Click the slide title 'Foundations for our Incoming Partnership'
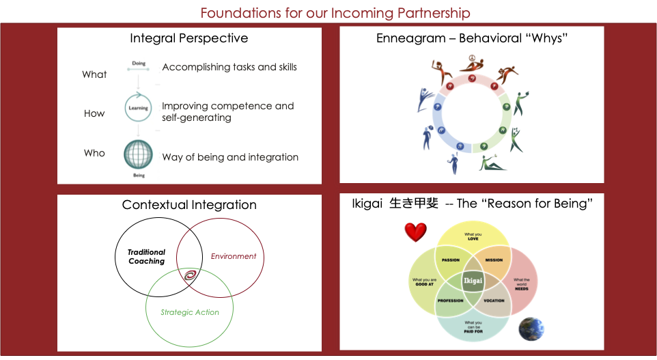(x=335, y=12)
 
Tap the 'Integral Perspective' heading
(x=189, y=38)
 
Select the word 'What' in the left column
(x=94, y=74)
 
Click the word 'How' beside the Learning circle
(x=94, y=113)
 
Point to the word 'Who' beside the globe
(x=94, y=153)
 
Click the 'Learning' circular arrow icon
(x=137, y=108)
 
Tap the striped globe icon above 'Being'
(x=137, y=154)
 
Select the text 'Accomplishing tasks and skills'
(x=229, y=67)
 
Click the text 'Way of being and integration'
(x=230, y=157)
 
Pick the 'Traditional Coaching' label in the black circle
(x=147, y=257)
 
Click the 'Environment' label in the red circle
(x=234, y=256)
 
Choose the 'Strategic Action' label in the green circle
(x=190, y=312)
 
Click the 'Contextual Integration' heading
(x=189, y=205)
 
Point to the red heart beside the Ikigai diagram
(x=415, y=233)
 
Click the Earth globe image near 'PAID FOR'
(x=531, y=329)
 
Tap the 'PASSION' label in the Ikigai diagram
(x=450, y=260)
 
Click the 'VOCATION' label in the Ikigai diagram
(x=494, y=301)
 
